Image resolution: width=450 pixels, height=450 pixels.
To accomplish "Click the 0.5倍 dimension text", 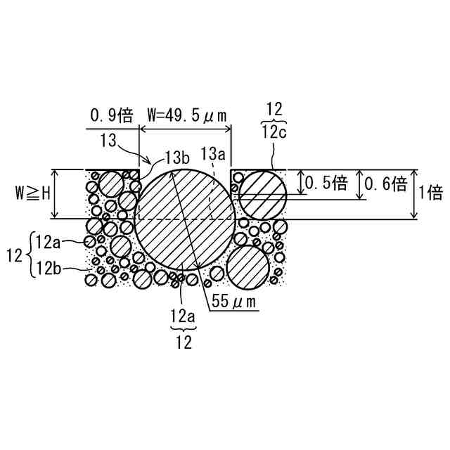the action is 326,184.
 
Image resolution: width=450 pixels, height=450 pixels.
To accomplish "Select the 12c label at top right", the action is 275,134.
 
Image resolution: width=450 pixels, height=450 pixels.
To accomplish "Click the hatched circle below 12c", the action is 262,193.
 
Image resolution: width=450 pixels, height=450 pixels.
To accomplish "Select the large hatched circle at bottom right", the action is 249,268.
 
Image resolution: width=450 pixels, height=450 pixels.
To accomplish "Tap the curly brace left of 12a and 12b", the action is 29,255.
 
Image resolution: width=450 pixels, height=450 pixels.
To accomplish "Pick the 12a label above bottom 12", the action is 184,317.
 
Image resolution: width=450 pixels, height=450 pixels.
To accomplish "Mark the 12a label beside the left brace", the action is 49,243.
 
